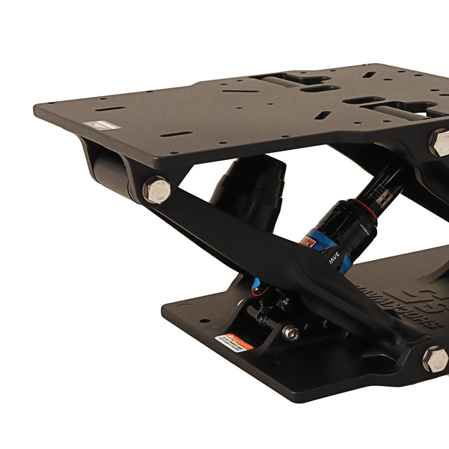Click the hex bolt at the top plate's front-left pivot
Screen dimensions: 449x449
(x=157, y=190)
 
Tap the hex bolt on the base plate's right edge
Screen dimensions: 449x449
(x=435, y=359)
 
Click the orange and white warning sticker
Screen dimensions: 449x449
(x=234, y=342)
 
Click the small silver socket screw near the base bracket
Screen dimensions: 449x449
(x=290, y=332)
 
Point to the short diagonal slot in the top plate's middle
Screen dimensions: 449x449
(x=322, y=115)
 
